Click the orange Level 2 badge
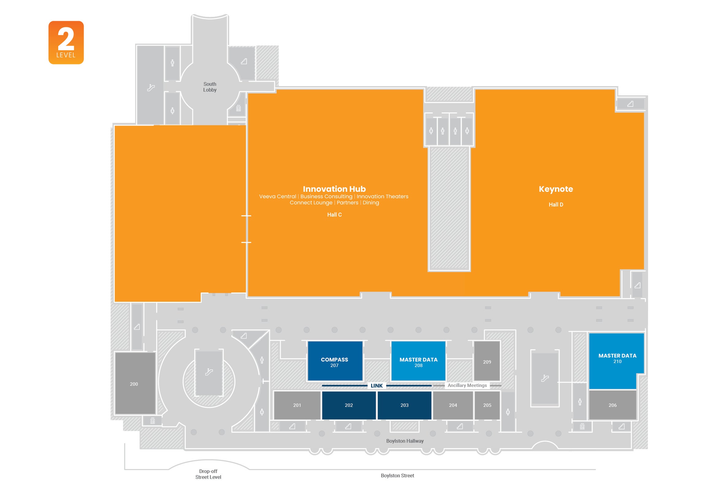pos(66,43)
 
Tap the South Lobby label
pos(210,87)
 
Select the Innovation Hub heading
pos(334,189)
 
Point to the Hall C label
pos(334,214)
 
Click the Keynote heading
pos(556,189)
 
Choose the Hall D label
pos(556,204)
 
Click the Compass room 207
pos(335,361)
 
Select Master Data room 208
pos(418,361)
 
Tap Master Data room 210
pos(617,359)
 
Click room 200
pos(134,384)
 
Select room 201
pos(297,405)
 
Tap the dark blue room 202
pos(348,405)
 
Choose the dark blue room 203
pos(404,405)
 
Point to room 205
pos(487,405)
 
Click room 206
pos(612,405)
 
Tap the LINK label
pos(376,385)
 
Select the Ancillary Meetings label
pos(467,385)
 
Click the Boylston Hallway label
pos(404,441)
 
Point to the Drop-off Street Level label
pos(208,474)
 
